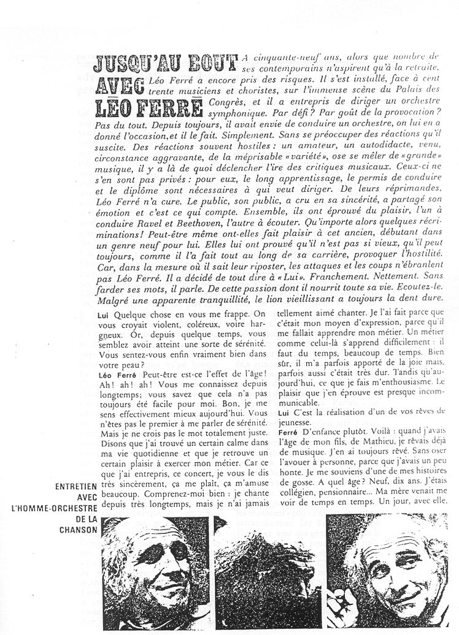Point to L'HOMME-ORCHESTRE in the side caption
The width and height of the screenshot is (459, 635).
(x=53, y=508)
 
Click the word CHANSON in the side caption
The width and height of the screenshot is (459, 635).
(x=77, y=530)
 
